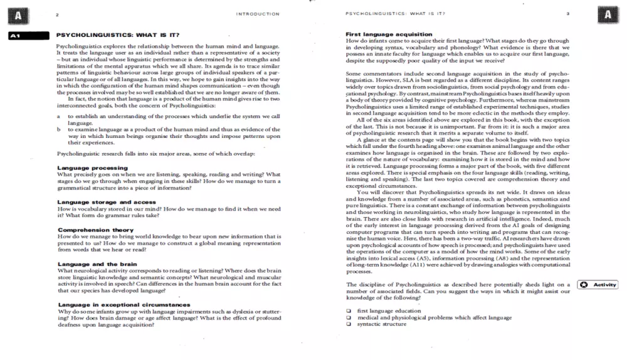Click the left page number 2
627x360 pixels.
(57, 14)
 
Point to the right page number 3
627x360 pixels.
(568, 14)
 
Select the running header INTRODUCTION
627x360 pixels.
(258, 14)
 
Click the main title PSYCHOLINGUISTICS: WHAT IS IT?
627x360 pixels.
(117, 35)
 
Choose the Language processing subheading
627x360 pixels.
(92, 168)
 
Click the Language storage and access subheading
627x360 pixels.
(107, 203)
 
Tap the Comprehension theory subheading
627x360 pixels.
(95, 230)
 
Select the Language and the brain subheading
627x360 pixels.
(97, 265)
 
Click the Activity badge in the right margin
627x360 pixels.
(598, 285)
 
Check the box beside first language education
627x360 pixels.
(349, 311)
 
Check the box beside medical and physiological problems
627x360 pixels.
(349, 318)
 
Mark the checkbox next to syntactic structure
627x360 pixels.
(349, 324)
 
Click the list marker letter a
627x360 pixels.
(58, 117)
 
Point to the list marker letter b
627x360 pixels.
(58, 129)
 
